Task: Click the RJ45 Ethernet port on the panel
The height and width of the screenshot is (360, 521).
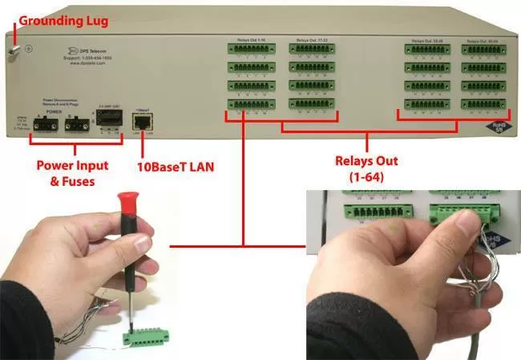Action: [x=143, y=123]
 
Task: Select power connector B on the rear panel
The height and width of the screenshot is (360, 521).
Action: [x=79, y=124]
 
